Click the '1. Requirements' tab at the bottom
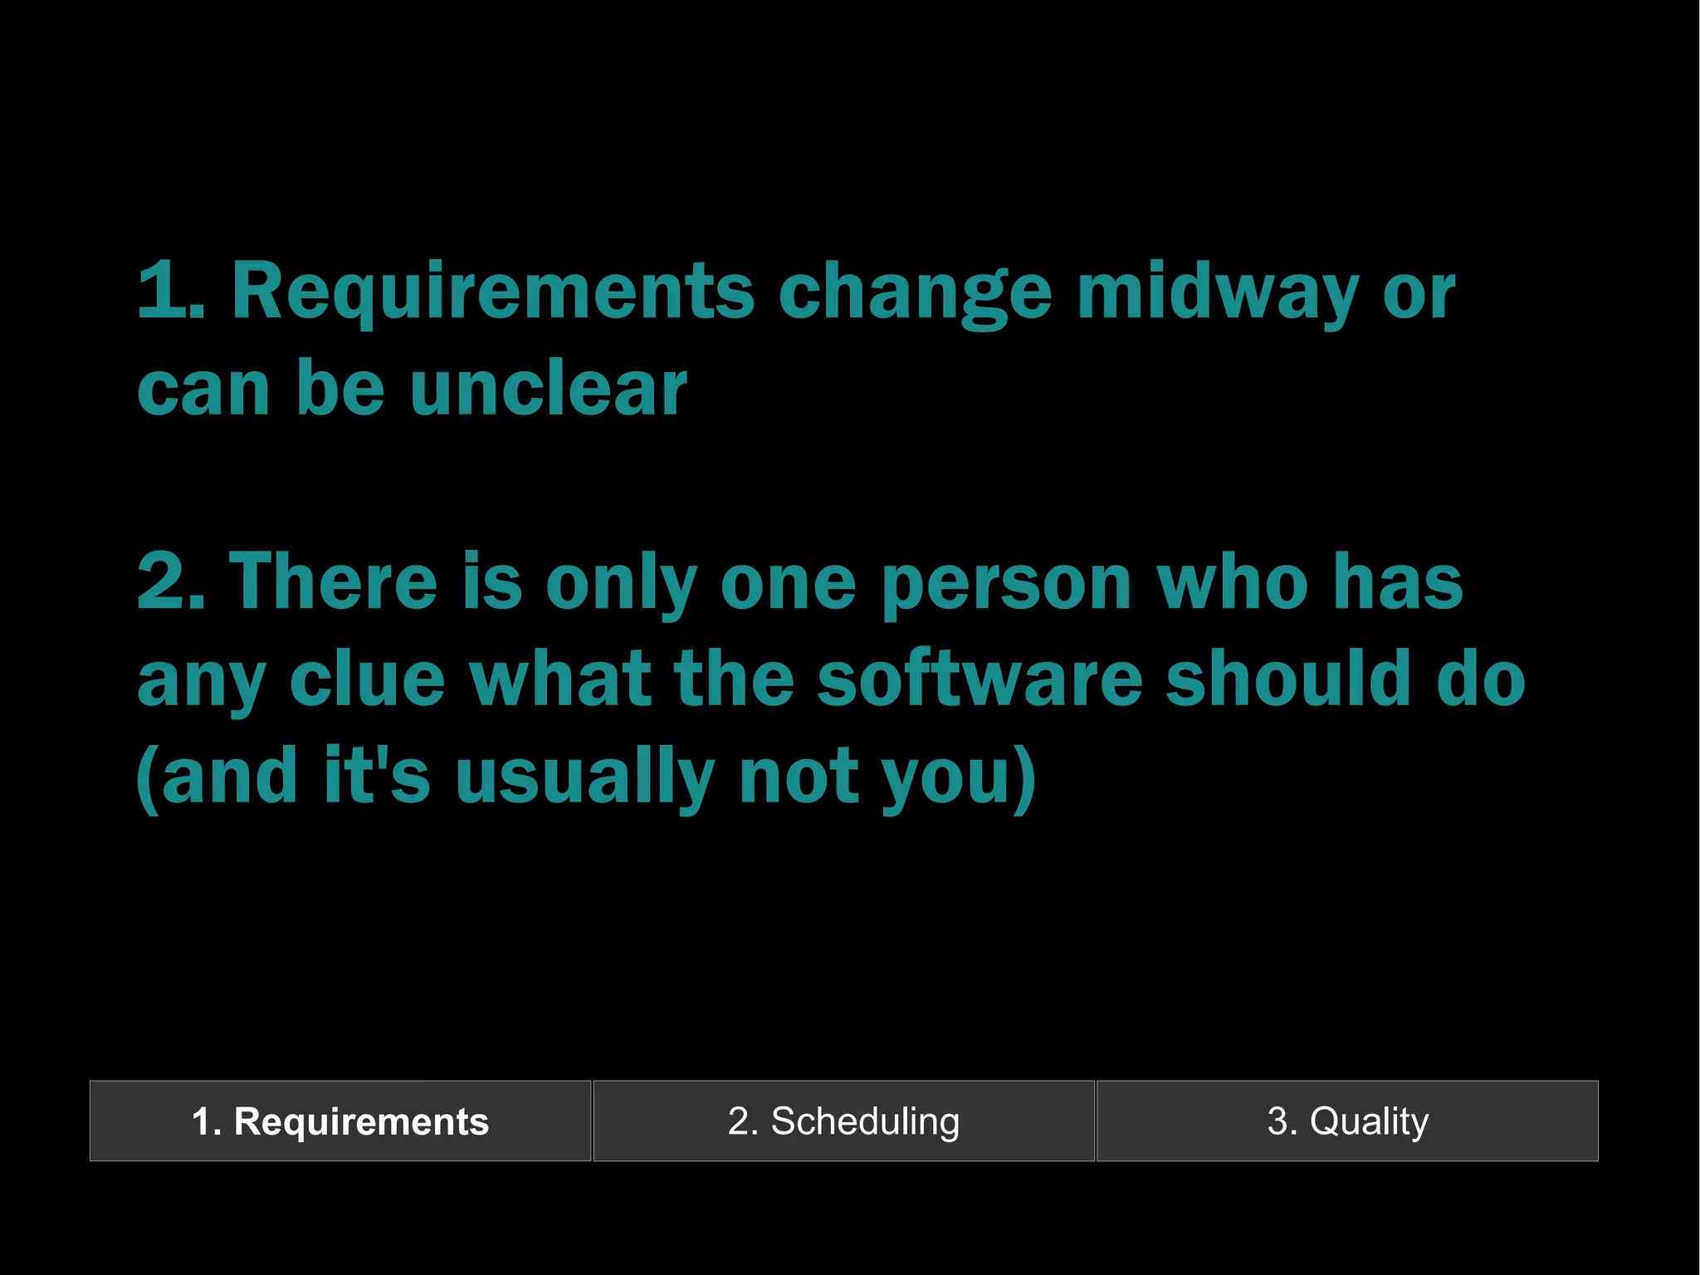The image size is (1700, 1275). (x=340, y=1121)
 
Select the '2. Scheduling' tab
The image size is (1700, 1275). (x=843, y=1121)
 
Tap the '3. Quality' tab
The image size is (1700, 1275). (x=1347, y=1121)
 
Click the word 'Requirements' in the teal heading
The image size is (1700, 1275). (x=492, y=292)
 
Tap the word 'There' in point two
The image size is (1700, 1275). (x=333, y=582)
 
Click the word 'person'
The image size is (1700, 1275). (x=1006, y=585)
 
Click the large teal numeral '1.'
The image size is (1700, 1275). (x=170, y=292)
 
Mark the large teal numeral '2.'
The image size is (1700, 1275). (x=171, y=582)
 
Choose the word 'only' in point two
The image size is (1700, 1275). (x=621, y=585)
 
